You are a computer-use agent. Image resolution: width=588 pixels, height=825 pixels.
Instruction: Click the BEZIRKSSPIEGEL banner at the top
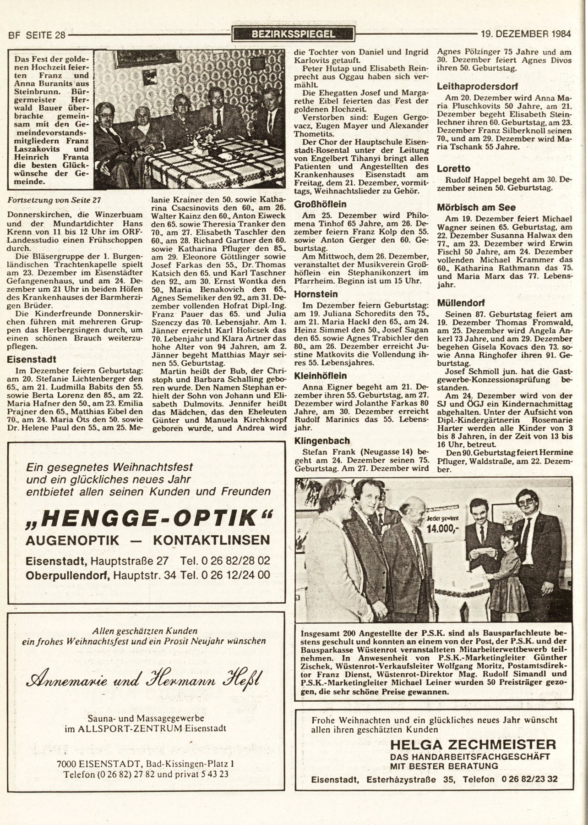[293, 33]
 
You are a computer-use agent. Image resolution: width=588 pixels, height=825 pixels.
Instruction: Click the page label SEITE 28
[46, 34]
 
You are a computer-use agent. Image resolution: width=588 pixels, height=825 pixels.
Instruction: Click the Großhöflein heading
[320, 204]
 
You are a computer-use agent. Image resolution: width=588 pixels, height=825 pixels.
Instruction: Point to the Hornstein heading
[316, 294]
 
